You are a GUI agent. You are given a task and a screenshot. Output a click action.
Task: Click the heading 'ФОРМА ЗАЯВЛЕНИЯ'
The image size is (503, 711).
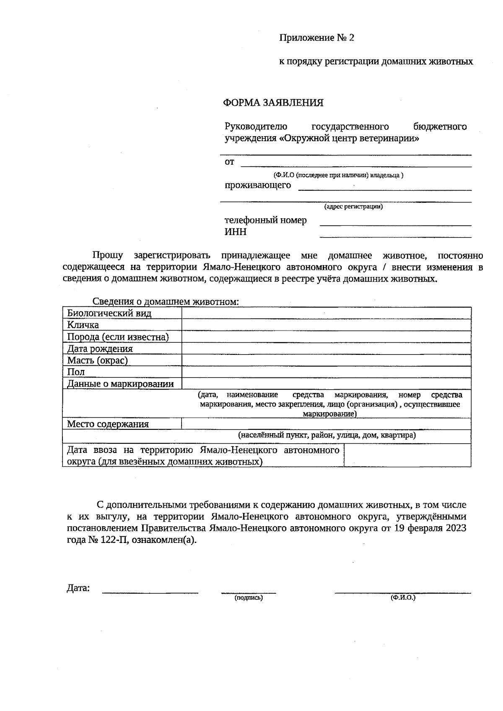pyautogui.click(x=273, y=103)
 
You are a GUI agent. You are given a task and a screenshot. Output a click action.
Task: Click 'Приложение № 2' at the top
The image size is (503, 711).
pyautogui.click(x=316, y=38)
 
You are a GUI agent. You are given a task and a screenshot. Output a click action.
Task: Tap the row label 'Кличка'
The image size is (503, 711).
pyautogui.click(x=83, y=325)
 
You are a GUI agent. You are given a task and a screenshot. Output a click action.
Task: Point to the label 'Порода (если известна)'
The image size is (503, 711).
pyautogui.click(x=118, y=337)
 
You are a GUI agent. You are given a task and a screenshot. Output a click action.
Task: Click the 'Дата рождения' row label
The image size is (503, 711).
pyautogui.click(x=100, y=349)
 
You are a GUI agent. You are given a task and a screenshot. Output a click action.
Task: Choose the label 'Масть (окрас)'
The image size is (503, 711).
pyautogui.click(x=97, y=360)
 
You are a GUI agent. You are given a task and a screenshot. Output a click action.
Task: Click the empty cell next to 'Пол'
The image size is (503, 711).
pyautogui.click(x=326, y=372)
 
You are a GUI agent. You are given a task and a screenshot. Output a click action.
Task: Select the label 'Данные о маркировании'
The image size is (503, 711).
pyautogui.click(x=120, y=384)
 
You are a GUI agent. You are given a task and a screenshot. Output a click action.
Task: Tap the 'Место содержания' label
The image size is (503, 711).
pyautogui.click(x=108, y=424)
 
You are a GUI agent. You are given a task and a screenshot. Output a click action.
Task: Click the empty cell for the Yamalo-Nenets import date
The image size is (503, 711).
pyautogui.click(x=407, y=455)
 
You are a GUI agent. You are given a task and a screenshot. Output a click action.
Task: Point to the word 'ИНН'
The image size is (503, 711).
pyautogui.click(x=236, y=232)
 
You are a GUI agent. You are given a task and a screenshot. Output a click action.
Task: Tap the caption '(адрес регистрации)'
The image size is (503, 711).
pyautogui.click(x=353, y=207)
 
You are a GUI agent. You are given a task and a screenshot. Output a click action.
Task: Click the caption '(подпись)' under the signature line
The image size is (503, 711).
pyautogui.click(x=249, y=598)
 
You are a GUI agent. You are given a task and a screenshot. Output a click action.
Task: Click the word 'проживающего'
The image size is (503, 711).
pyautogui.click(x=258, y=185)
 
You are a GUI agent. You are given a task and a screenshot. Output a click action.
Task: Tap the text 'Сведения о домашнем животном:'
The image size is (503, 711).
pyautogui.click(x=166, y=302)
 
